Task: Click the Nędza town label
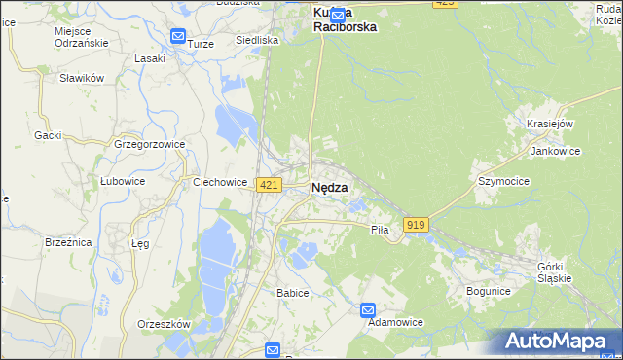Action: pyautogui.click(x=329, y=188)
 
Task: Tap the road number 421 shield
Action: pyautogui.click(x=270, y=185)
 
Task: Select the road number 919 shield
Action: pyautogui.click(x=417, y=225)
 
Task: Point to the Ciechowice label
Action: pyautogui.click(x=220, y=181)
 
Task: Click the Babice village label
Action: pyautogui.click(x=292, y=293)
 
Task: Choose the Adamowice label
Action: pyautogui.click(x=392, y=323)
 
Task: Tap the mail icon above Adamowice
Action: pyautogui.click(x=368, y=310)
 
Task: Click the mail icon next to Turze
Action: pyautogui.click(x=177, y=37)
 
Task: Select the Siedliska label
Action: pyautogui.click(x=258, y=41)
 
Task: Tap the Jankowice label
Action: pyautogui.click(x=555, y=152)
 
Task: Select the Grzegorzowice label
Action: pyautogui.click(x=150, y=143)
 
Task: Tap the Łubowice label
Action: pyautogui.click(x=123, y=181)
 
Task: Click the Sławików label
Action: pyautogui.click(x=81, y=78)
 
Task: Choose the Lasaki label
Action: pyautogui.click(x=150, y=58)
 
